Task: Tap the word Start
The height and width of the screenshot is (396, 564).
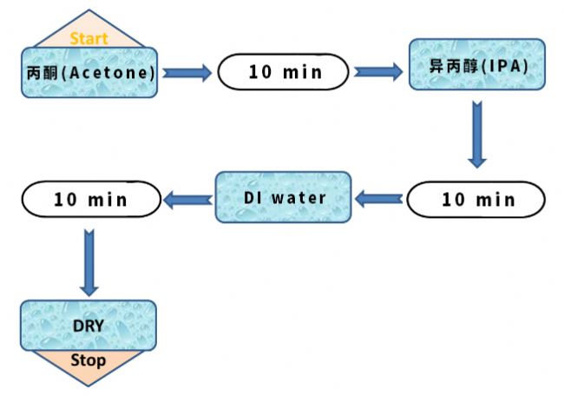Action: [x=89, y=38]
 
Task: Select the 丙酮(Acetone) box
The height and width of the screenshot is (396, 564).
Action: [x=89, y=72]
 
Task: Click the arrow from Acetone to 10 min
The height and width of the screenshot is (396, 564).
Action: [x=187, y=72]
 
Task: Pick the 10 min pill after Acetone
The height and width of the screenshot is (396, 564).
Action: [x=283, y=71]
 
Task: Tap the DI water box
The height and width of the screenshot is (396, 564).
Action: [x=283, y=198]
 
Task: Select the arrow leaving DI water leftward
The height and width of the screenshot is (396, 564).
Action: [x=188, y=200]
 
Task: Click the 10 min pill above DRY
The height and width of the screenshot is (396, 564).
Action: [x=90, y=199]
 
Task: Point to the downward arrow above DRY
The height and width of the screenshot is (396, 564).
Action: [x=89, y=261]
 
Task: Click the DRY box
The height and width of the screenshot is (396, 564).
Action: [x=89, y=326]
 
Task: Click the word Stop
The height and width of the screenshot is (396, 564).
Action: [x=89, y=360]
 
